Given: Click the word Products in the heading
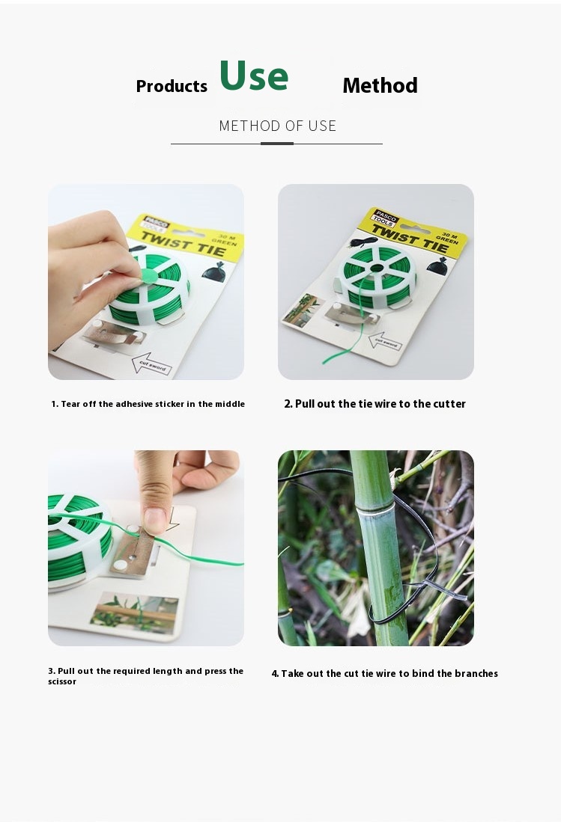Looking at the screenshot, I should click(172, 86).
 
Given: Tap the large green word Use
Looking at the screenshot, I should click(254, 76).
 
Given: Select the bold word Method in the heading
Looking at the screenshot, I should click(380, 85).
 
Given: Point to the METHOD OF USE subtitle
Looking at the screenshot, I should click(277, 126).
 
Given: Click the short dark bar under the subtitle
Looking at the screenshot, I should click(277, 143).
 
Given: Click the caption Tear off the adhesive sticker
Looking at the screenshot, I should click(148, 404).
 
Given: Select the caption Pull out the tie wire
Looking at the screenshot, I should click(374, 404).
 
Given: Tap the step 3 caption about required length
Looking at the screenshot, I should click(145, 676).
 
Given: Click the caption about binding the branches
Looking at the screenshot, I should click(384, 674).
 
